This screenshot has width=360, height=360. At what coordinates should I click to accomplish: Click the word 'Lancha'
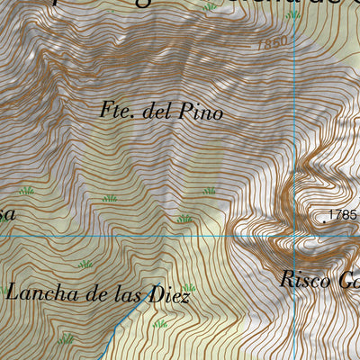click(36, 292)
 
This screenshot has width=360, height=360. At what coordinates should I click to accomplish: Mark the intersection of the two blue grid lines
click(295, 236)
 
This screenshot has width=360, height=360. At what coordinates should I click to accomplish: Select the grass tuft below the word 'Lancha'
click(65, 339)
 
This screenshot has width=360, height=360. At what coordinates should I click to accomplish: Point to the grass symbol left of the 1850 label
click(210, 7)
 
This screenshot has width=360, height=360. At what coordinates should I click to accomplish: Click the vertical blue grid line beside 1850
click(295, 54)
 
